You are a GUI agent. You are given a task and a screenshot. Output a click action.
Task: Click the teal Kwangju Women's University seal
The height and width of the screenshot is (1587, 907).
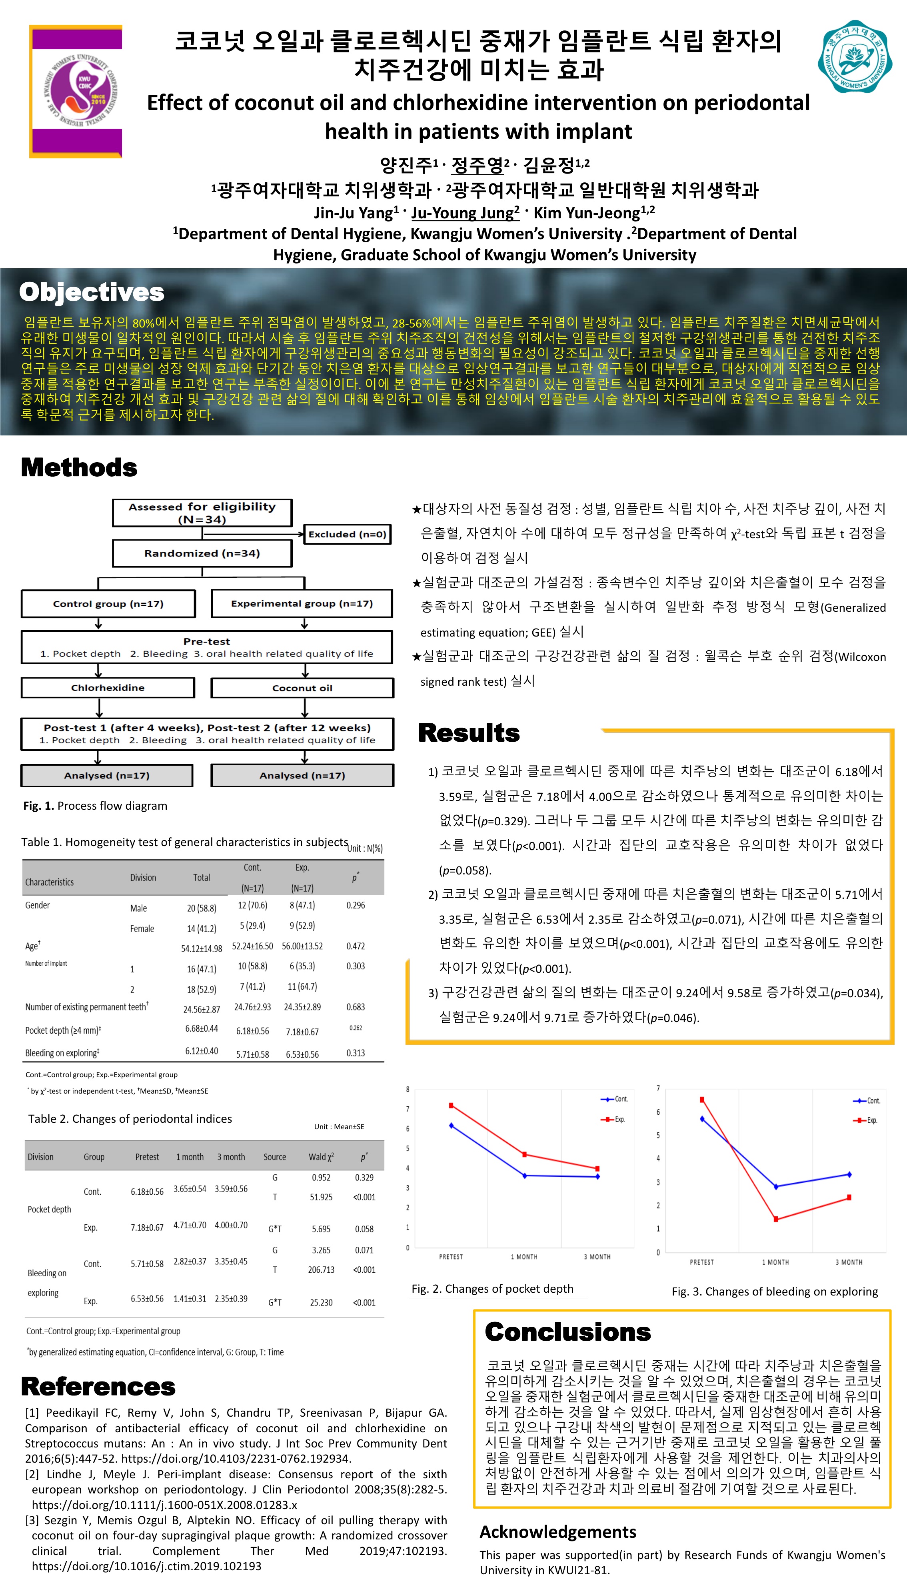[855, 56]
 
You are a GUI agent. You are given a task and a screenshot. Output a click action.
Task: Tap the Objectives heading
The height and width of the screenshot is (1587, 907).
[92, 292]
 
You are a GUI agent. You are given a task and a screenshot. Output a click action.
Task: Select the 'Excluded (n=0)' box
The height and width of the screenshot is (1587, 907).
[347, 534]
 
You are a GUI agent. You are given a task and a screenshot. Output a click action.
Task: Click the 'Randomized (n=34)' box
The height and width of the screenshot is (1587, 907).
[202, 553]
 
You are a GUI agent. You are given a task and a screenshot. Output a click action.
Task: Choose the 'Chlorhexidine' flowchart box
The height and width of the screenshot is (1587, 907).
[108, 688]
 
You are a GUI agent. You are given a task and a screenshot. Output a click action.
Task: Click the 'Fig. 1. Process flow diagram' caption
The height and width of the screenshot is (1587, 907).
[95, 805]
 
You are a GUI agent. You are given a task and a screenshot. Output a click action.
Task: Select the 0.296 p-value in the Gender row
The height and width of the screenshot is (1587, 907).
[356, 905]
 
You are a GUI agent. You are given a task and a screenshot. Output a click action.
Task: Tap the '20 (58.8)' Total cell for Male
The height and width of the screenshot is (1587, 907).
[201, 908]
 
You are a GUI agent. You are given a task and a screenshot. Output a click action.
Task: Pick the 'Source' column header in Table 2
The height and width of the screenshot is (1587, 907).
[275, 1157]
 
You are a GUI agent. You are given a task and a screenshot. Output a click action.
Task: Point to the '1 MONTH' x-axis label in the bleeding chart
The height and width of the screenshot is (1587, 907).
[775, 1262]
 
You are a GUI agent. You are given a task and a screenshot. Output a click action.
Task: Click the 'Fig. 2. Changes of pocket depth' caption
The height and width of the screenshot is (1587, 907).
[492, 1289]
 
